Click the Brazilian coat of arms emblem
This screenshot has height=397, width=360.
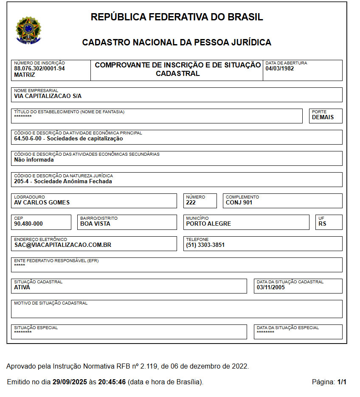28,30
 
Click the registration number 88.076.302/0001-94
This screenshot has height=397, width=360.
39,68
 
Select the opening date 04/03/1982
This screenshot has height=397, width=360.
280,68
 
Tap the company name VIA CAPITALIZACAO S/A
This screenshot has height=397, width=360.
48,96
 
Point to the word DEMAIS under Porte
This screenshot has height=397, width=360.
323,117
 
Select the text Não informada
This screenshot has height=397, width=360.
34,160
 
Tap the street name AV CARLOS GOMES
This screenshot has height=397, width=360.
42,202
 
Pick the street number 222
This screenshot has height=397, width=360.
191,202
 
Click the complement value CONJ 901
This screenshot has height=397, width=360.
239,202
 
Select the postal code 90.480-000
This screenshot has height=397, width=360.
28,224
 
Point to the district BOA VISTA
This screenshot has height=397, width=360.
95,224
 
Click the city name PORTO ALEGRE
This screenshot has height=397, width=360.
208,224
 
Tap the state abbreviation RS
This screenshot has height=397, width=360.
322,224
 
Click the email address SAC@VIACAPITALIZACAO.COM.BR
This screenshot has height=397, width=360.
62,245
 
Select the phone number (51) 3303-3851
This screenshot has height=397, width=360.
205,245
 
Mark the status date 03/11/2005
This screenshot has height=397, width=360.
271,287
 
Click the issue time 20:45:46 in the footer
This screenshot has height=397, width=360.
112,382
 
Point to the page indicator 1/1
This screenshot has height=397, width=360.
342,382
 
